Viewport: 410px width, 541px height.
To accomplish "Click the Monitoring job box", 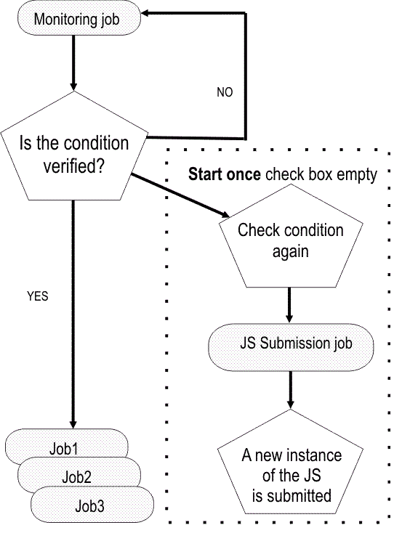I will pos(73,17).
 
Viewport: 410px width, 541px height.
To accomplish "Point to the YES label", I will pos(38,296).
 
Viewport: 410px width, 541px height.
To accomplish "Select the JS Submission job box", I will pos(291,343).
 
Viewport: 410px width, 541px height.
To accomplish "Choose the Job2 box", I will pos(77,477).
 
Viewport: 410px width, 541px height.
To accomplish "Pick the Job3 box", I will pos(92,505).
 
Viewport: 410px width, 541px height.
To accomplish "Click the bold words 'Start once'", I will pos(225,175).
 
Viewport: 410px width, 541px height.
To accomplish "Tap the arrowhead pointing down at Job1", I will pos(73,423).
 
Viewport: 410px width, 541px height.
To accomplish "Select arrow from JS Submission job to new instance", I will pos(291,388).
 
